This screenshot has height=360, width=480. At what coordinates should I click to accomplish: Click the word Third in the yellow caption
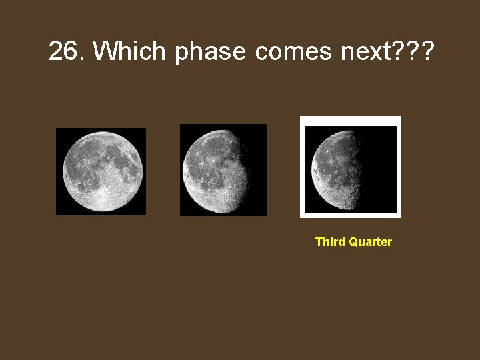330,242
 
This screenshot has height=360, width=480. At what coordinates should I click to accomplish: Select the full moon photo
101,171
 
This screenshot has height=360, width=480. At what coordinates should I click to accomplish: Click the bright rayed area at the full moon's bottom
102,200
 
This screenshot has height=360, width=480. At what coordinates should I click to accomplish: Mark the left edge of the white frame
302,167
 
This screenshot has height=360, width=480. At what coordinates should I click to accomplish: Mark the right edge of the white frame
399,167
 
